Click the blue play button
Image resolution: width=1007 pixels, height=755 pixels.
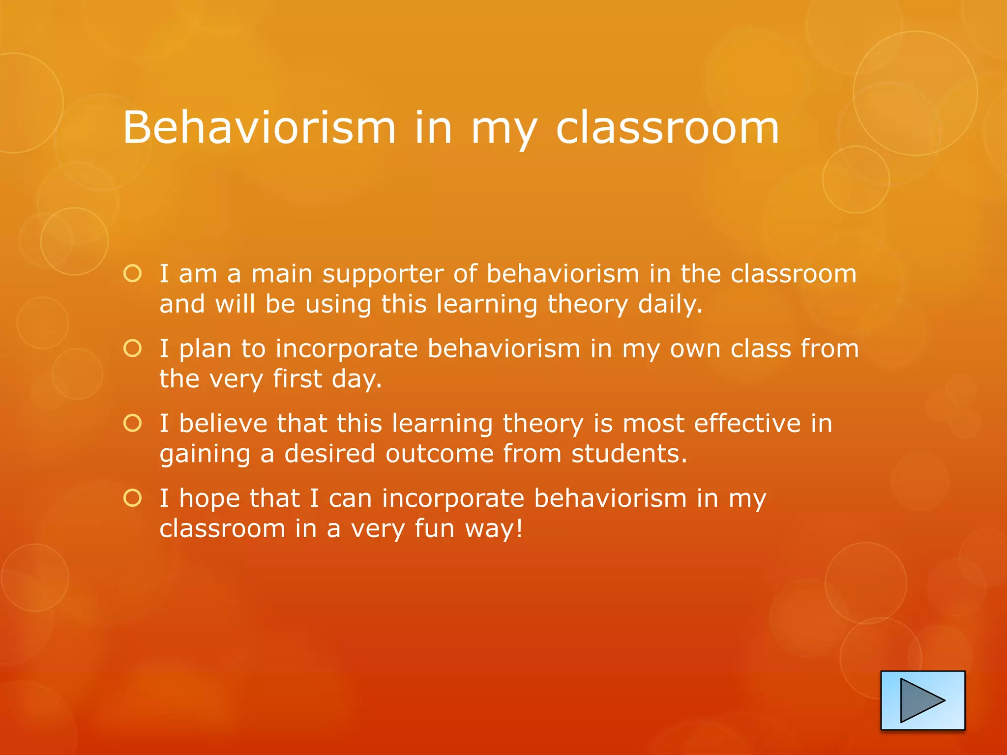922,700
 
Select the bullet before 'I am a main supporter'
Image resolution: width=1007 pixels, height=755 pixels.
133,274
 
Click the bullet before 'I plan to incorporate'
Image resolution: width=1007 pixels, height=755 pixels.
133,348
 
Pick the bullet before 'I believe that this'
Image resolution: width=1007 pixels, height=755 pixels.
133,423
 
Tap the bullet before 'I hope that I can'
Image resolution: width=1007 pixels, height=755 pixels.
133,498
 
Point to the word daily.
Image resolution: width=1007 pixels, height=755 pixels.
670,305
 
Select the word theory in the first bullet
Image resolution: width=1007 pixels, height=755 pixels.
588,305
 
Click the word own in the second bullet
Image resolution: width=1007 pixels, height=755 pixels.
695,349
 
